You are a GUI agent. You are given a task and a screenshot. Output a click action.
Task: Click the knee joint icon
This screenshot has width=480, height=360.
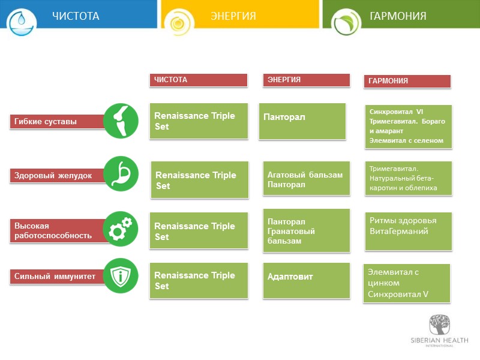click(121, 121)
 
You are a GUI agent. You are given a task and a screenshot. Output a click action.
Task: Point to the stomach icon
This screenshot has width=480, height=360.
click(121, 173)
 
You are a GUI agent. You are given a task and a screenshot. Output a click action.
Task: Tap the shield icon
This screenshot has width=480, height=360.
click(121, 276)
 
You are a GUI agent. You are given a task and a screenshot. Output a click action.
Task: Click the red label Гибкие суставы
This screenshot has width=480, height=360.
click(57, 122)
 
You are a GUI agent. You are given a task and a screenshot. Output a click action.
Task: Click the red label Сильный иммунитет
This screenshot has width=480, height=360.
click(58, 277)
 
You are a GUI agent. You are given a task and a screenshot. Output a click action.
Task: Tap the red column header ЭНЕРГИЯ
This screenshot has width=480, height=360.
click(307, 80)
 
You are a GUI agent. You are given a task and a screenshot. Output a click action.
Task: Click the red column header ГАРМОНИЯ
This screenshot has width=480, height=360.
click(407, 81)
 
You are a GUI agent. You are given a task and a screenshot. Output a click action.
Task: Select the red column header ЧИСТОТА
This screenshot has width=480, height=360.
click(199, 80)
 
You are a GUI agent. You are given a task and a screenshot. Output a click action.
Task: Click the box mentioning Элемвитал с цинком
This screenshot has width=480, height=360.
click(407, 283)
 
